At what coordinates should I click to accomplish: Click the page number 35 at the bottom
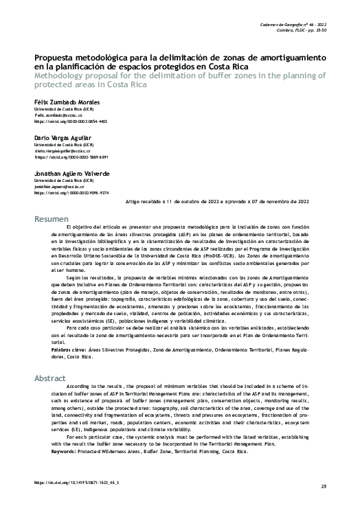coord(322,486)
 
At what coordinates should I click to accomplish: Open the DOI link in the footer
coord(76,483)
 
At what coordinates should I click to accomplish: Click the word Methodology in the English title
coord(63,75)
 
